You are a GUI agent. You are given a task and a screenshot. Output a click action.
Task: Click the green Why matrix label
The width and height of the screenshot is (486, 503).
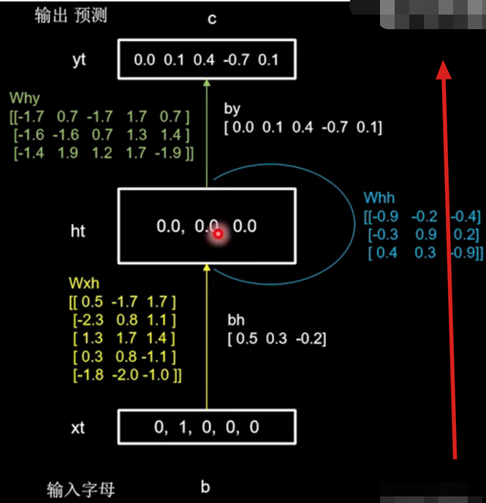coord(25,98)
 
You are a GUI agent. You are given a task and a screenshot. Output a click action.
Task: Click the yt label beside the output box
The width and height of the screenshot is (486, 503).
coord(79,60)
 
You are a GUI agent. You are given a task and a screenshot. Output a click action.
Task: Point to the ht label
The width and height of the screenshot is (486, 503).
coord(77,231)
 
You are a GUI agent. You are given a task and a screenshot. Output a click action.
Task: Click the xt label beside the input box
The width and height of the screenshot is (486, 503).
coord(77,428)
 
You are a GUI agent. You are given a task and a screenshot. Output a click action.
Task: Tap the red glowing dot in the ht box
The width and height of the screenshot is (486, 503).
coord(217,234)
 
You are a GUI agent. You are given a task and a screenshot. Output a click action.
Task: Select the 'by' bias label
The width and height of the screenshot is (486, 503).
coord(232,109)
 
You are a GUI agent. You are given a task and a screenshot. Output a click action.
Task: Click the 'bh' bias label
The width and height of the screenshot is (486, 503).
coord(236,320)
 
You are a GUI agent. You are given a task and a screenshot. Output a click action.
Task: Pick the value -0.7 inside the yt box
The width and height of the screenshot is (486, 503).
coord(237,60)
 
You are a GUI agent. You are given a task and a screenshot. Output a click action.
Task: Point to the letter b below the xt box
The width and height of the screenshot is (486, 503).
coord(206,488)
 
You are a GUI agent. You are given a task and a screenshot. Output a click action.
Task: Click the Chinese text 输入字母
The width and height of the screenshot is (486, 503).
coord(80,488)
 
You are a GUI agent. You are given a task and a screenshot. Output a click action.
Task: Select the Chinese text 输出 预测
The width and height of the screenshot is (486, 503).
coord(71,15)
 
